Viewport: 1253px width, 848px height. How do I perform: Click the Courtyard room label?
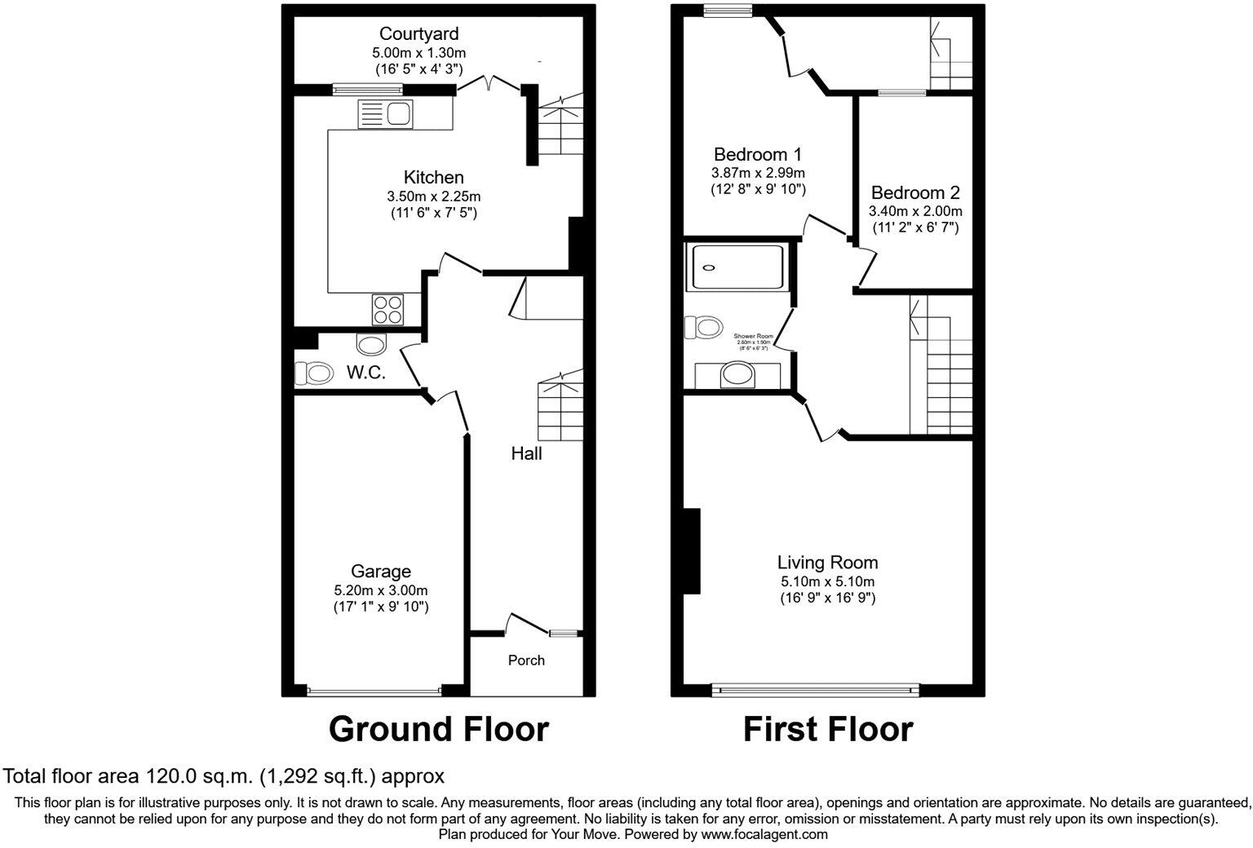[x=418, y=34]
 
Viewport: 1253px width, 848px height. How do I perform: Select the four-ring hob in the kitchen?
[x=388, y=309]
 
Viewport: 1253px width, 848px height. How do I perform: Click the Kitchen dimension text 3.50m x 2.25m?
[x=433, y=197]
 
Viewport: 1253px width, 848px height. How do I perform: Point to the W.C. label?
[x=365, y=373]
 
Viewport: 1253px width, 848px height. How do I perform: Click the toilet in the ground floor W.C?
[x=314, y=373]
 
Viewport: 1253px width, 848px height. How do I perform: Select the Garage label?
[x=380, y=572]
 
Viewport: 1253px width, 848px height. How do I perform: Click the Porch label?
[x=526, y=660]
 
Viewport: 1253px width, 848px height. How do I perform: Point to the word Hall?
[x=526, y=453]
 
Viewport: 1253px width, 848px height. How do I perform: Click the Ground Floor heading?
[x=438, y=729]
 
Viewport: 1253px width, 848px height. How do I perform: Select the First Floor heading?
[x=827, y=729]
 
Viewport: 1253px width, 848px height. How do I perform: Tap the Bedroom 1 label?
[x=757, y=154]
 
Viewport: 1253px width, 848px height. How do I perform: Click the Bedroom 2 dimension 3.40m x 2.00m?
[x=914, y=211]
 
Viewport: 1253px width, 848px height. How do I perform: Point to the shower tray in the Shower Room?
[x=737, y=267]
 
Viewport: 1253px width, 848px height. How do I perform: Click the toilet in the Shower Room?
[x=703, y=328]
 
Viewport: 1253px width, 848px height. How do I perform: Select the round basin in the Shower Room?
[x=738, y=374]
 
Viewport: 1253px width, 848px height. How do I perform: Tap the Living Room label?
[x=827, y=562]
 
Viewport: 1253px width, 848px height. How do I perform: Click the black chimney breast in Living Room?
[x=692, y=551]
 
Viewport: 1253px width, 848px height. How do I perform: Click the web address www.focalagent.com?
[x=764, y=834]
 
